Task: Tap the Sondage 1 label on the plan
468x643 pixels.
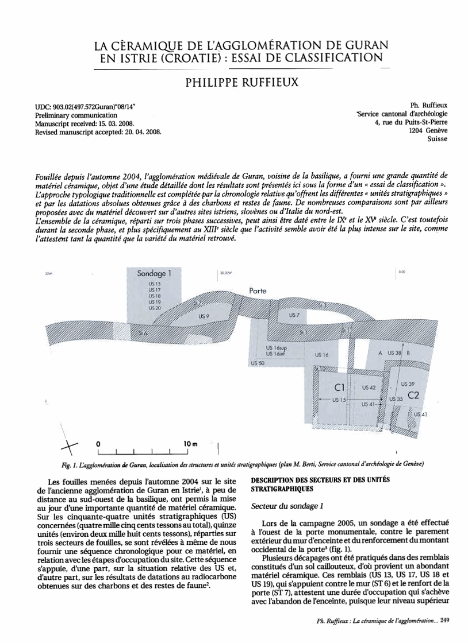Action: click(x=154, y=274)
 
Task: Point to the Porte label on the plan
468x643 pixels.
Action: click(x=258, y=291)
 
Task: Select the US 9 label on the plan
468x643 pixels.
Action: click(x=204, y=316)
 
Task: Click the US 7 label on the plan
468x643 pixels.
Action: click(x=294, y=315)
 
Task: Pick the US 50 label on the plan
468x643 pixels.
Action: click(x=256, y=364)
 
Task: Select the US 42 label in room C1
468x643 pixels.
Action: click(x=369, y=388)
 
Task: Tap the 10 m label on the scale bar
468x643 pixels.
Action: click(x=190, y=444)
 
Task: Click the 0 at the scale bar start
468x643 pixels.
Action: click(x=98, y=444)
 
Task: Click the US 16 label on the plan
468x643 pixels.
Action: click(x=321, y=355)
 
